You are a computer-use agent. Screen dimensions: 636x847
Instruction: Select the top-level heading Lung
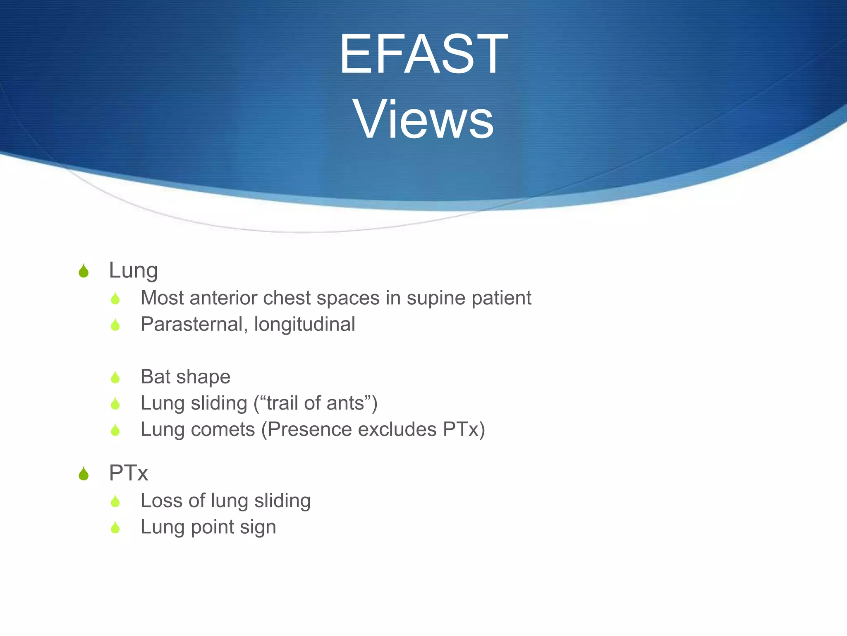coord(133,270)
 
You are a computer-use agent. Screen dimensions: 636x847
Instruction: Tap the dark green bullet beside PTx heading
coord(84,474)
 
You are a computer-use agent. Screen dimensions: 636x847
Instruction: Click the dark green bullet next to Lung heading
coord(84,271)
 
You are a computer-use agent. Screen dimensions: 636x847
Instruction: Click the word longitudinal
coord(304,324)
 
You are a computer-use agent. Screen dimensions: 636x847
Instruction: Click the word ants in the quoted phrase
coord(346,403)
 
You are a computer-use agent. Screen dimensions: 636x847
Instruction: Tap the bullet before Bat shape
coord(115,377)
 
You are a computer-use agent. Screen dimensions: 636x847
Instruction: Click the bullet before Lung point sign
coord(115,528)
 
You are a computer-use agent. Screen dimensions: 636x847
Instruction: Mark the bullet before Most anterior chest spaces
coord(115,299)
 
